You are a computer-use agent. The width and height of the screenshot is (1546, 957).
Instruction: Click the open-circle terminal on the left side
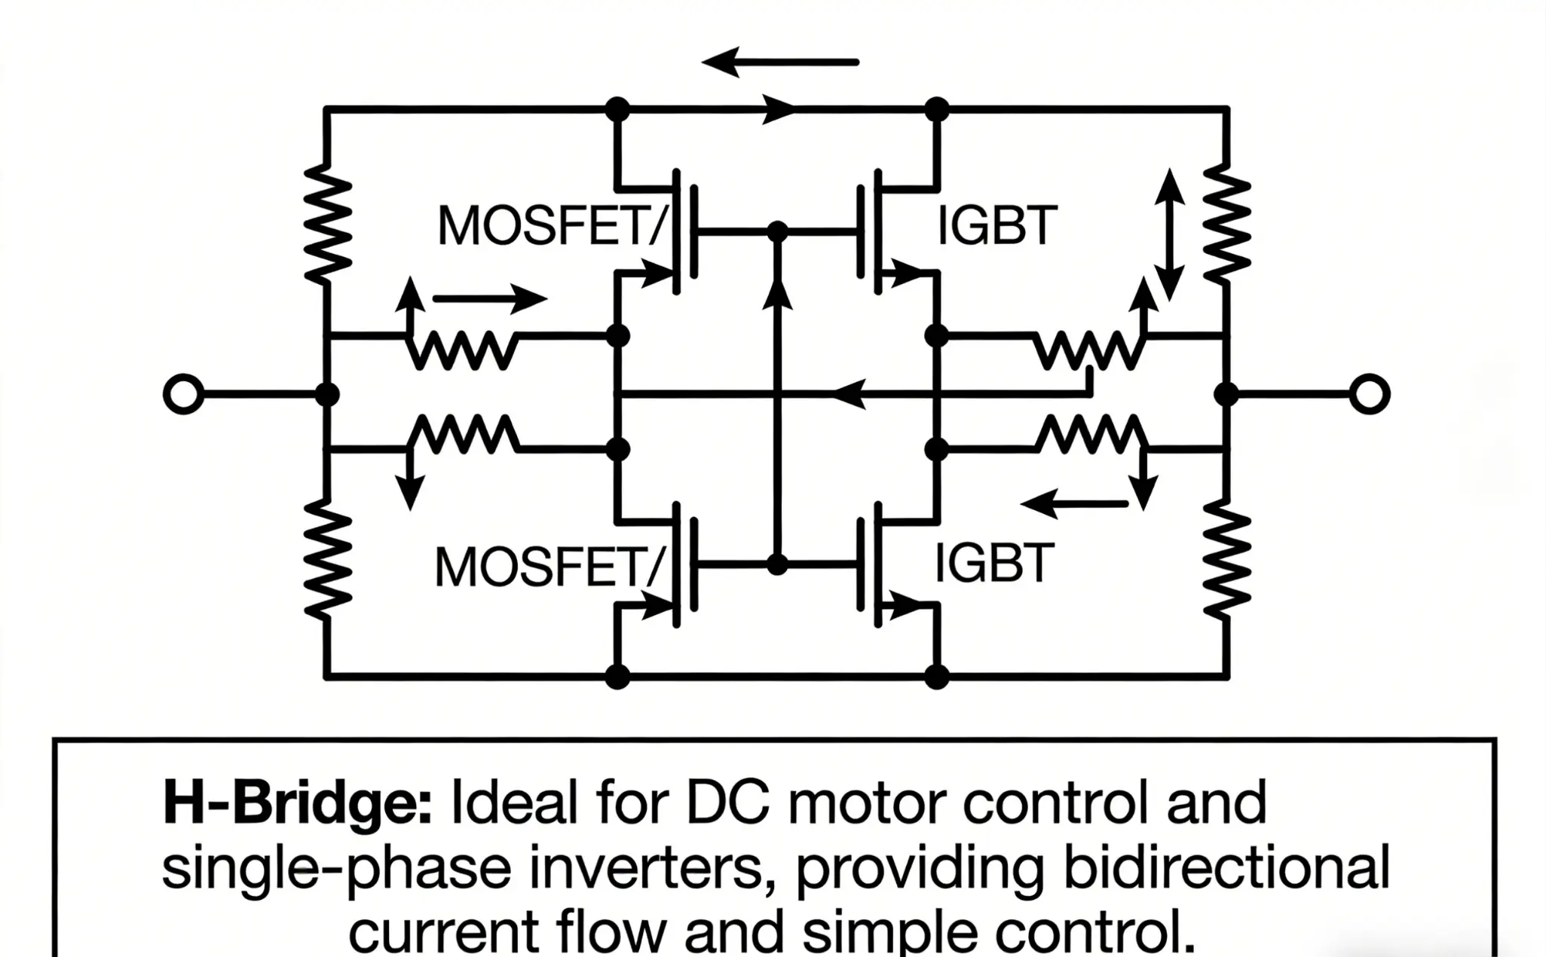183,394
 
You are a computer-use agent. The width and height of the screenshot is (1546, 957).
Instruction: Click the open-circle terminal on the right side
1369,394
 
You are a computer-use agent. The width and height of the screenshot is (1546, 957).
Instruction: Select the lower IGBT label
993,563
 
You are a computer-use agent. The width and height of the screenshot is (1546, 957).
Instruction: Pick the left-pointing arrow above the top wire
780,63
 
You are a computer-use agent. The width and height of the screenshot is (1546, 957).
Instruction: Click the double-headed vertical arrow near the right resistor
1169,234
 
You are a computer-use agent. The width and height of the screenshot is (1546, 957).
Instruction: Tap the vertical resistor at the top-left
327,224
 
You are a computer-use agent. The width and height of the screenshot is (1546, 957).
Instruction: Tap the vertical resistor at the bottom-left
327,559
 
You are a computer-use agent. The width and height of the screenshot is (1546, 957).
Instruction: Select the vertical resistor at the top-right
1227,224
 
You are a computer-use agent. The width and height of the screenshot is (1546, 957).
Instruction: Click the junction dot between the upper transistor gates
777,232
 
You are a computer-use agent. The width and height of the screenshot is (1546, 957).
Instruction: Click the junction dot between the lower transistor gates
777,564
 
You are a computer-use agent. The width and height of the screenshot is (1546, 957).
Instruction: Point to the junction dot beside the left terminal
327,394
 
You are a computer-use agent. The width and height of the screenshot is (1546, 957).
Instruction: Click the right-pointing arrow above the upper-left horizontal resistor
490,299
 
